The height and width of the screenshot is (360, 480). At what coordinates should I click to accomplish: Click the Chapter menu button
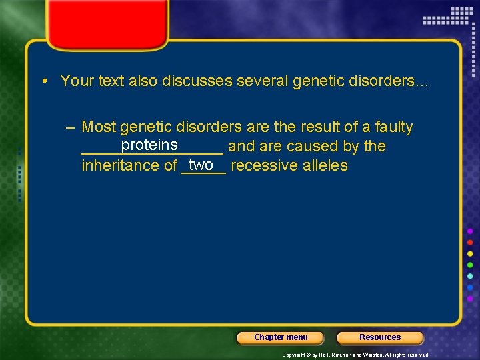point(281,337)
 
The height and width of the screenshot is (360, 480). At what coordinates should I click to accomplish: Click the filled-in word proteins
point(149,145)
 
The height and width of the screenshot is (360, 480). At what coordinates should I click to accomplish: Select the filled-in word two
point(201,165)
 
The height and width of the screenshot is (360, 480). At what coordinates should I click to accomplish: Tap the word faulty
point(394,127)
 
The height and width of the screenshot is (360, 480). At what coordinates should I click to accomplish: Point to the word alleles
point(325,165)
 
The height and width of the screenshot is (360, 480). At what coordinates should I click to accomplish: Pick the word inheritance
point(120,165)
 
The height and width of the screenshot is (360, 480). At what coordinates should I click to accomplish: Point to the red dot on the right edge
point(471,242)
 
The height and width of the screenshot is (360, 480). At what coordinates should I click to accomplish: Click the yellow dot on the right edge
point(471,253)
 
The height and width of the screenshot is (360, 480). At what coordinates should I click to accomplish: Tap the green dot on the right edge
point(471,265)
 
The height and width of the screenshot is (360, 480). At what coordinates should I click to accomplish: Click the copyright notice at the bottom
point(356,355)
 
